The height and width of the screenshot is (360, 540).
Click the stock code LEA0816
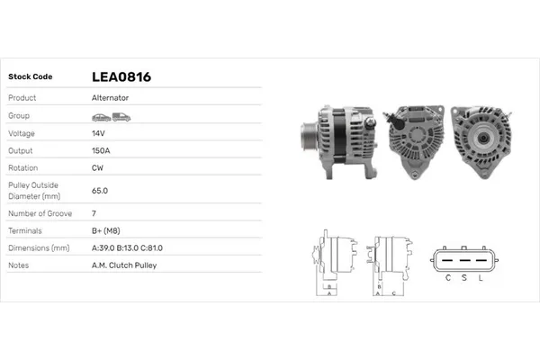point(121,77)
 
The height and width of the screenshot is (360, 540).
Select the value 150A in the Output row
point(102,150)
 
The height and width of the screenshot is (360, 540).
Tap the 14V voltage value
point(99,133)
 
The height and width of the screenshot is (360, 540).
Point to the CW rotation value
point(98,167)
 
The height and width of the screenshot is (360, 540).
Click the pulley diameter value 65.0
point(100,191)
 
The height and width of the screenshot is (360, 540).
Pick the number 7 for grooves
point(94,213)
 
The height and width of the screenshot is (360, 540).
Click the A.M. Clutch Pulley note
point(123,265)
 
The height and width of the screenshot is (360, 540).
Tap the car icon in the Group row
point(100,116)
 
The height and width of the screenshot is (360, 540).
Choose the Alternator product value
point(110,98)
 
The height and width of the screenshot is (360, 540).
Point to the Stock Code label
point(31,77)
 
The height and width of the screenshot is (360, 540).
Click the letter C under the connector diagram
point(448,276)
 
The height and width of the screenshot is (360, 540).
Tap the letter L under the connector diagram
point(481,276)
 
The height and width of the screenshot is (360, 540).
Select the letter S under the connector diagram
point(464,276)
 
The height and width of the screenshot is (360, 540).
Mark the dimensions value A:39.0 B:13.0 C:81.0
point(128,247)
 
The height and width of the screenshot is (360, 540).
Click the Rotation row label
point(22,167)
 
